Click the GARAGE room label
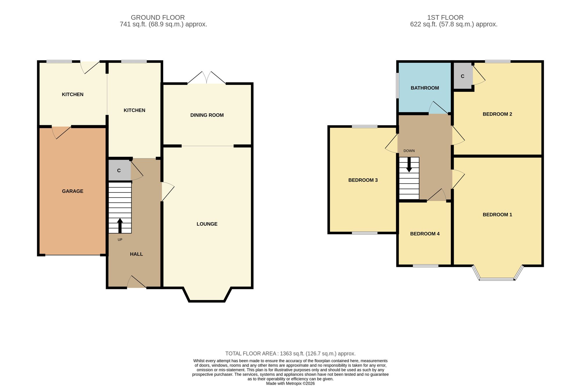(73, 191)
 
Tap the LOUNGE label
(207, 224)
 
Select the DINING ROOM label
(207, 115)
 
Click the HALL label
(136, 254)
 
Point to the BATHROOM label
(425, 88)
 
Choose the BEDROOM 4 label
(425, 234)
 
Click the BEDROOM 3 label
(363, 180)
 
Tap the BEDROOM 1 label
(497, 215)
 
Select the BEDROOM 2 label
(497, 114)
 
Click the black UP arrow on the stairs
(120, 226)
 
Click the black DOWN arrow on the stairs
(409, 165)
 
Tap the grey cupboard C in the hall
(119, 170)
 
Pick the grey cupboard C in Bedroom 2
(463, 76)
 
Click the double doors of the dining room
(207, 78)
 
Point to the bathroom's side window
(397, 85)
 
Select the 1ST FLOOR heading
(445, 17)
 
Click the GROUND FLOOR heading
(158, 17)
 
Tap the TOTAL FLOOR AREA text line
(290, 353)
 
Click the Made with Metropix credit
(290, 383)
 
